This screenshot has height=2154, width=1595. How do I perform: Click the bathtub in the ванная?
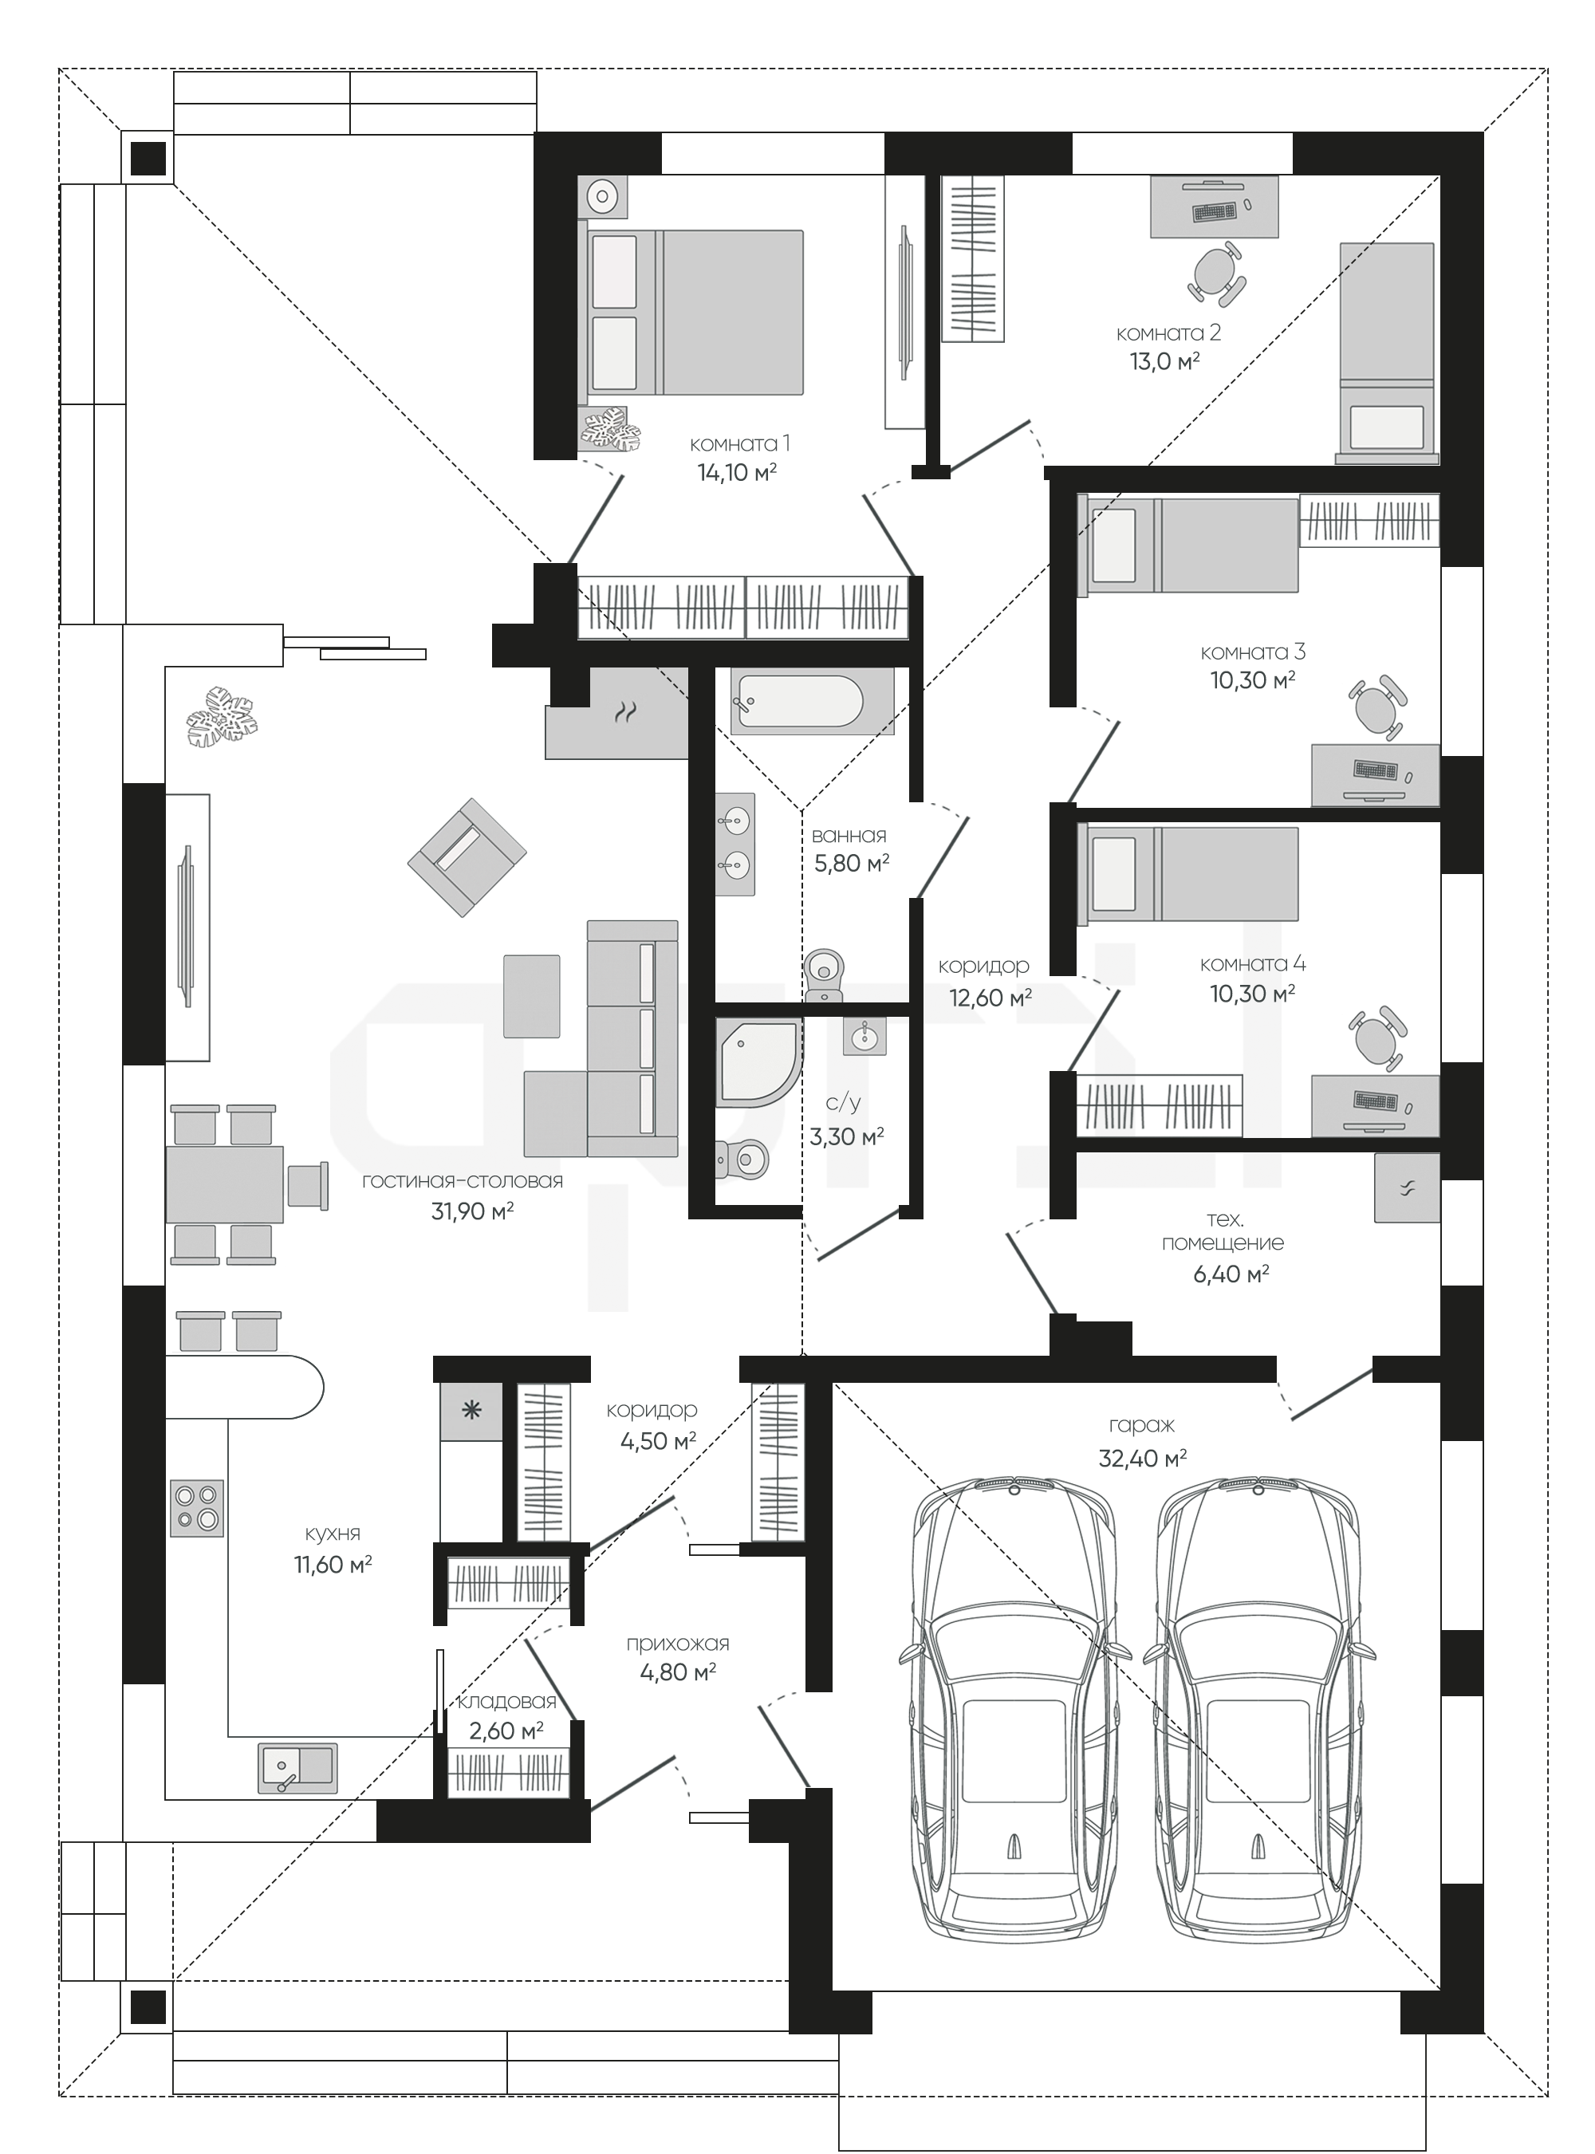tap(797, 701)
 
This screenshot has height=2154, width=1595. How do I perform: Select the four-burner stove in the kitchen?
tap(197, 1508)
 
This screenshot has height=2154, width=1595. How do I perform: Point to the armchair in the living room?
tap(467, 856)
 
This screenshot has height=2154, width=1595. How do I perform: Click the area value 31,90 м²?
tap(472, 1211)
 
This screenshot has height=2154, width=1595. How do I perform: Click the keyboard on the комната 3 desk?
tap(1375, 770)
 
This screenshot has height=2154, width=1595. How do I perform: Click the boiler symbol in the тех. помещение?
tap(1407, 1188)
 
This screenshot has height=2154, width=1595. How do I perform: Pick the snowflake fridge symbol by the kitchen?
tap(471, 1412)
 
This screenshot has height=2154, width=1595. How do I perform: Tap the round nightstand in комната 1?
tap(602, 197)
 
